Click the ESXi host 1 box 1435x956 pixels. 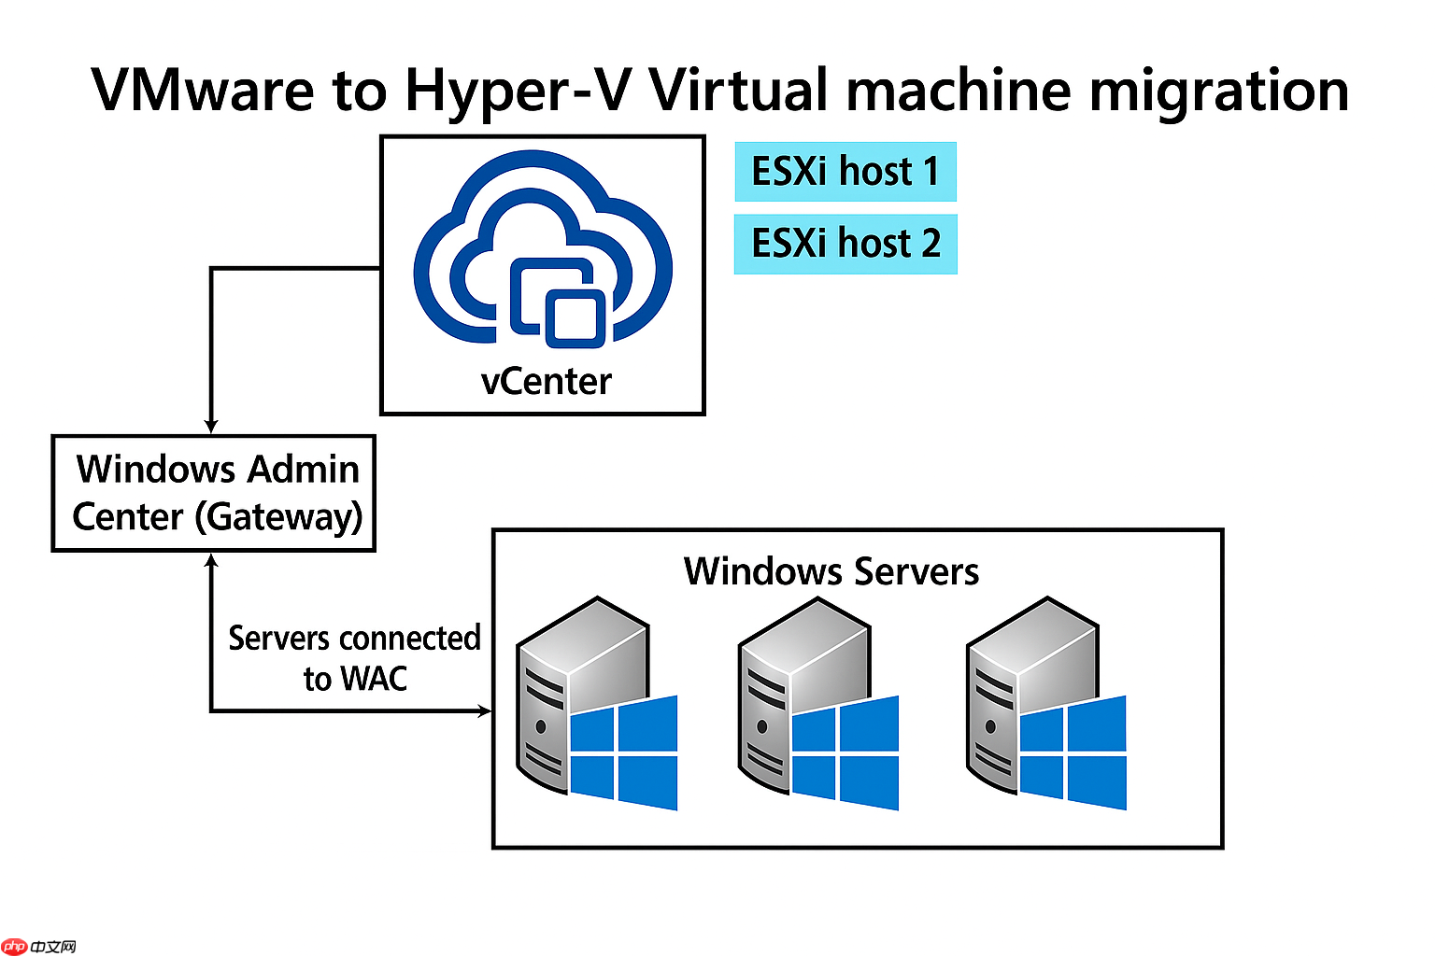845,172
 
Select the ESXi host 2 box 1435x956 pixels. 845,244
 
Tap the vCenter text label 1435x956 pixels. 546,382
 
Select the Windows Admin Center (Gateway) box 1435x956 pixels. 214,493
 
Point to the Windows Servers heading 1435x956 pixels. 831,571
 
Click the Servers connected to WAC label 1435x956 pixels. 354,658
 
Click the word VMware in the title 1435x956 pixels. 203,91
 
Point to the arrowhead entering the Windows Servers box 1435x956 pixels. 485,711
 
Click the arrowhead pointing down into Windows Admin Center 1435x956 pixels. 212,426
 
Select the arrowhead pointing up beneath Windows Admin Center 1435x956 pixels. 212,561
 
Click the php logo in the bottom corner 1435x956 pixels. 15,947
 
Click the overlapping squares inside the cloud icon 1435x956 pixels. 559,302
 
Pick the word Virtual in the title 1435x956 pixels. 738,91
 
